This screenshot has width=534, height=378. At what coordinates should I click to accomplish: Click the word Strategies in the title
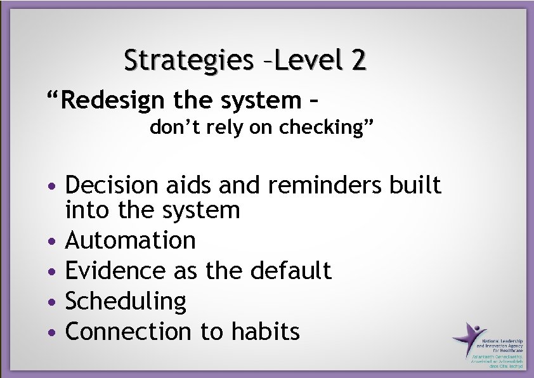click(x=188, y=61)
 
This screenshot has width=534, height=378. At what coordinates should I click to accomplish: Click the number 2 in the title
click(x=357, y=60)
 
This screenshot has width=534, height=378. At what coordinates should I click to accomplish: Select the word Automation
click(x=131, y=240)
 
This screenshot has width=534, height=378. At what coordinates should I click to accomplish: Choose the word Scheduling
click(x=126, y=301)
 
